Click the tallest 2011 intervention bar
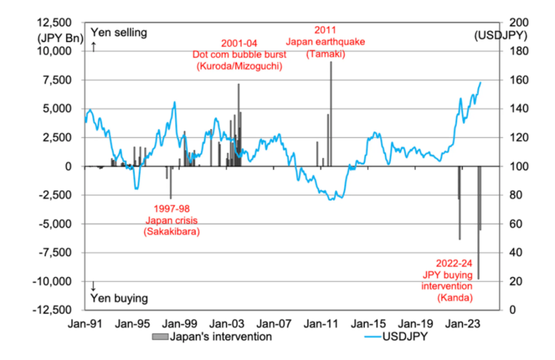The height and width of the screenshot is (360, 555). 331,114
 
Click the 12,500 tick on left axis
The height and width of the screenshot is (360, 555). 54,23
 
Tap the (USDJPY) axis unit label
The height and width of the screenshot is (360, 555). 500,36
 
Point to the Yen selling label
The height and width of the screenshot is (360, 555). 119,33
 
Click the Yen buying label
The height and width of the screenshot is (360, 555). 119,298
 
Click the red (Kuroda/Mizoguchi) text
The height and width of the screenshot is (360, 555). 239,67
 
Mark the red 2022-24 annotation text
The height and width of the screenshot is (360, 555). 453,264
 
